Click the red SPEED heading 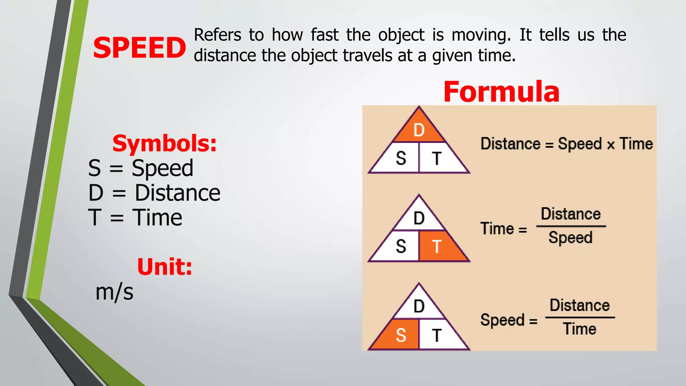[x=139, y=48]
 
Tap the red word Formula [x=501, y=92]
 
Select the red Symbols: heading [x=164, y=143]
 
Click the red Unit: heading [x=164, y=267]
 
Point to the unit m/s [x=114, y=292]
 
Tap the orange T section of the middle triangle [x=439, y=247]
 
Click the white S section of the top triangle [x=400, y=158]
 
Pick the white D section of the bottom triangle [x=419, y=306]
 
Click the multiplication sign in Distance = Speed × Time [x=611, y=145]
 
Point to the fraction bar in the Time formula [x=571, y=227]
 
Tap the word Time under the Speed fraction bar [x=579, y=329]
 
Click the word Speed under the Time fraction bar [x=570, y=238]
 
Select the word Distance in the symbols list [x=178, y=193]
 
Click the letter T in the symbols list [x=94, y=217]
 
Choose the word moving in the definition [x=481, y=35]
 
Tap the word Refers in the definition [x=217, y=35]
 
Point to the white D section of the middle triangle [x=419, y=218]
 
